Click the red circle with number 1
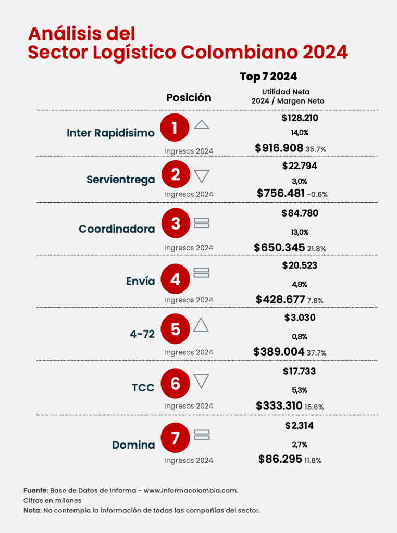(x=176, y=128)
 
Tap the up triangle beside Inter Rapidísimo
(x=202, y=125)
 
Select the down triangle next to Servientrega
(x=202, y=176)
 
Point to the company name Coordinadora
(x=117, y=229)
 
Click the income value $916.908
(x=279, y=148)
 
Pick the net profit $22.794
(x=300, y=166)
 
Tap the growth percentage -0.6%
(x=317, y=195)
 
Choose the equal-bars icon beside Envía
(x=202, y=272)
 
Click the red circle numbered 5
(x=176, y=329)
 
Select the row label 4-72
(x=142, y=334)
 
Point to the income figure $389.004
(x=279, y=352)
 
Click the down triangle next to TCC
(x=202, y=381)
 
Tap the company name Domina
(x=133, y=445)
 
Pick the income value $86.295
(x=280, y=459)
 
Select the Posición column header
(x=189, y=98)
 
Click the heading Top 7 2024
(x=268, y=77)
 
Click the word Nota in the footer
(x=32, y=510)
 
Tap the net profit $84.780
(x=300, y=213)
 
